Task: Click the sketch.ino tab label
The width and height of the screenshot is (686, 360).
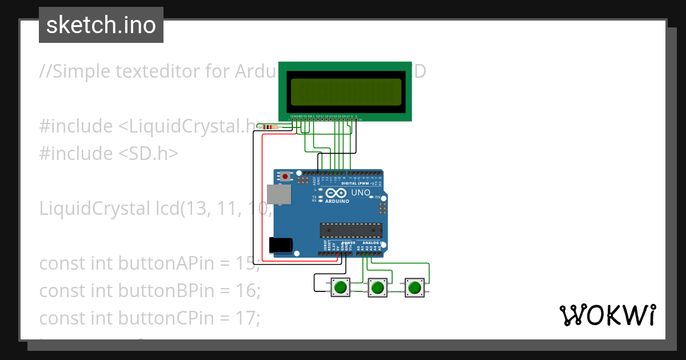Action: pos(101,25)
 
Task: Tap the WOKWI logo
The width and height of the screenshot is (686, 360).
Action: pos(607,315)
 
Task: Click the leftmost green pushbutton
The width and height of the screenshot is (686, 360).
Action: pos(341,287)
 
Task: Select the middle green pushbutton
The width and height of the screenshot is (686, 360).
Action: pos(377,287)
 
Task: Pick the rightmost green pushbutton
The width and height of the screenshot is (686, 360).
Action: pos(414,287)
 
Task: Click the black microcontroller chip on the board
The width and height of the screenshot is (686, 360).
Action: pos(350,230)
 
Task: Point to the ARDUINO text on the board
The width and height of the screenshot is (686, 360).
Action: pos(337,201)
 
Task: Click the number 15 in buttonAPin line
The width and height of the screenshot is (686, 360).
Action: pos(246,263)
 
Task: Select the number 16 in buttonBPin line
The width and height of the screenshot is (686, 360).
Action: pos(246,291)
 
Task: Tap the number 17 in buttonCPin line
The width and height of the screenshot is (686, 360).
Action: pos(246,318)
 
